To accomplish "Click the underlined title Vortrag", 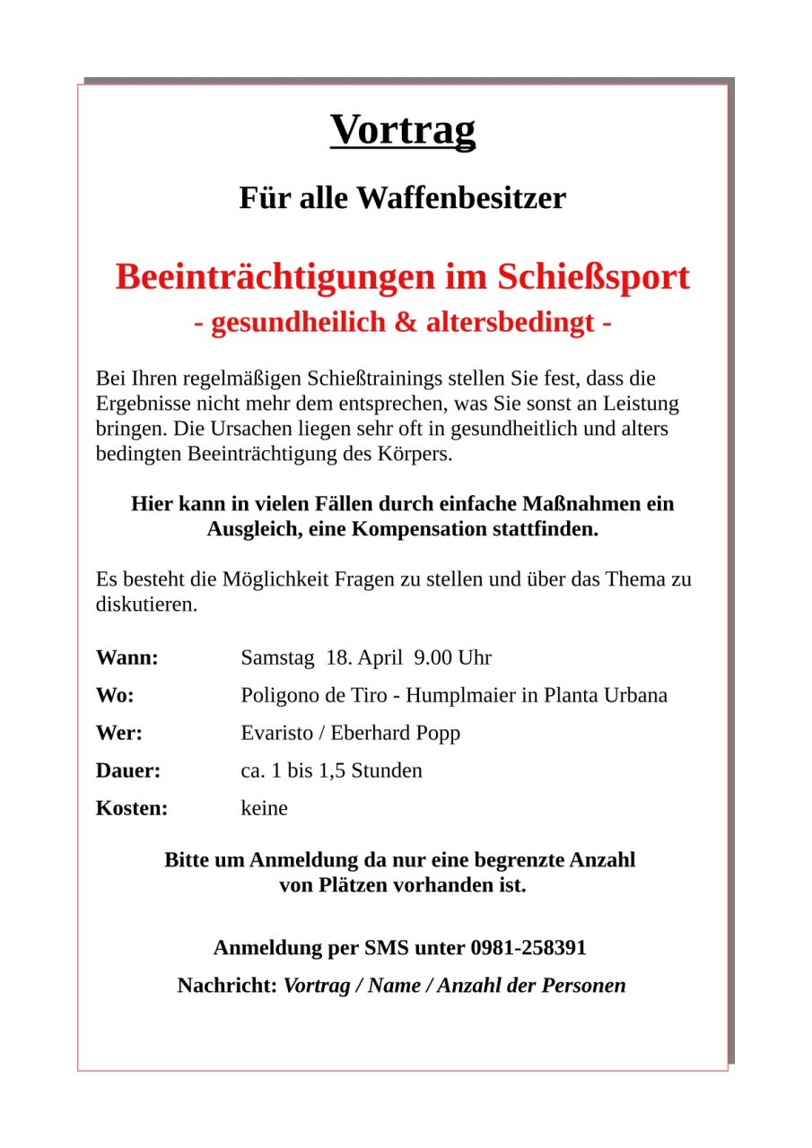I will (x=403, y=130).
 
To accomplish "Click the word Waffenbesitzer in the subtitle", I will (x=461, y=198).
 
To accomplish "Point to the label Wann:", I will (x=127, y=657).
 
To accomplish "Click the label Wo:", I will (x=115, y=695).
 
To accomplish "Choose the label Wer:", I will (x=119, y=733).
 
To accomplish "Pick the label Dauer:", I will (x=128, y=770).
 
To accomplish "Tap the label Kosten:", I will (x=132, y=808).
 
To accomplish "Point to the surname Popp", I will (x=438, y=733).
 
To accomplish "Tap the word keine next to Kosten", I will (x=264, y=808).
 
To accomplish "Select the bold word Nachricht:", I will (x=227, y=986).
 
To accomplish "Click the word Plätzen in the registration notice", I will (x=352, y=885).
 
